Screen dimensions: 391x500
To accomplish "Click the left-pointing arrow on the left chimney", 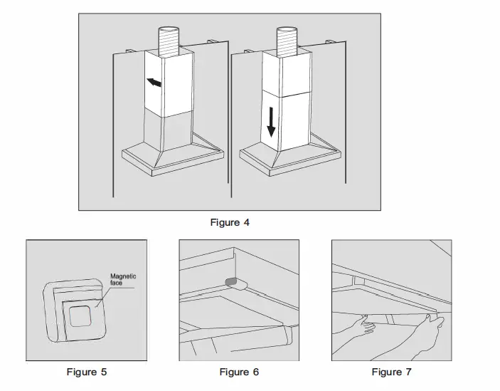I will pyautogui.click(x=154, y=83).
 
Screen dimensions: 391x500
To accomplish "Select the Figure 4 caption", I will pyautogui.click(x=229, y=222).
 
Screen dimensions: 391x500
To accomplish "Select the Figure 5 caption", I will pyautogui.click(x=87, y=372).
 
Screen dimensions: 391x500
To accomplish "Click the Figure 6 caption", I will pyautogui.click(x=239, y=372).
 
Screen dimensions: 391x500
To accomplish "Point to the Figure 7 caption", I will pyautogui.click(x=391, y=372).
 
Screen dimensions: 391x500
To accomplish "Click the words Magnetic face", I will pyautogui.click(x=122, y=279).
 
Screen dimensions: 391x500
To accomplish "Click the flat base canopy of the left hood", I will pyautogui.click(x=173, y=160).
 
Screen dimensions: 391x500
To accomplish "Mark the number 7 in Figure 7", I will pyautogui.click(x=408, y=372).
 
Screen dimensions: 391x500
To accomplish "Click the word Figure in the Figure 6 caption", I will pyautogui.click(x=234, y=372).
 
